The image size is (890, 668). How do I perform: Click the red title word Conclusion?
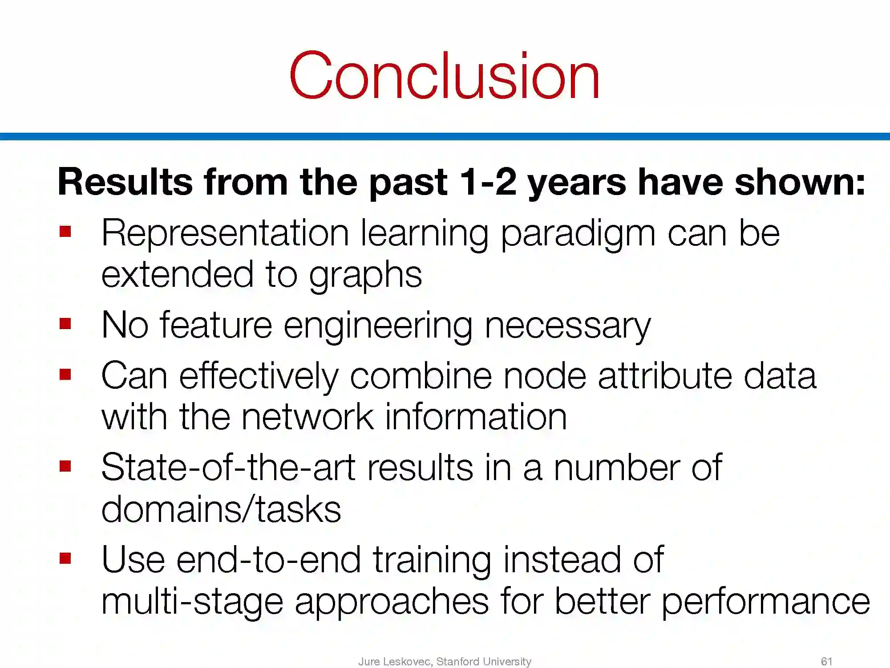click(445, 75)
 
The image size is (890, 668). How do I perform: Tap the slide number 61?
click(826, 661)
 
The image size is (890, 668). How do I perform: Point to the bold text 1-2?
click(488, 182)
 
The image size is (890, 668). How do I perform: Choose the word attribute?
click(665, 376)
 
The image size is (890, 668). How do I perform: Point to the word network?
click(307, 417)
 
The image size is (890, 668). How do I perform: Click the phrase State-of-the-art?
click(228, 468)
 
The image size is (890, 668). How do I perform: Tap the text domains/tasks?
click(221, 509)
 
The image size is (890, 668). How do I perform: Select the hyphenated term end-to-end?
click(269, 560)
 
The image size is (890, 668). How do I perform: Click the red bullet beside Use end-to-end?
click(65, 558)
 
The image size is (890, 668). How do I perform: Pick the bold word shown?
click(800, 182)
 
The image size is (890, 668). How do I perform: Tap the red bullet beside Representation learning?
click(65, 232)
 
